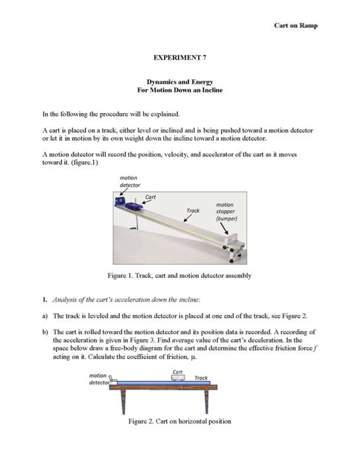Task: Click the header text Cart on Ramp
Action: tap(296, 25)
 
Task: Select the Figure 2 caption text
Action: tap(179, 421)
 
